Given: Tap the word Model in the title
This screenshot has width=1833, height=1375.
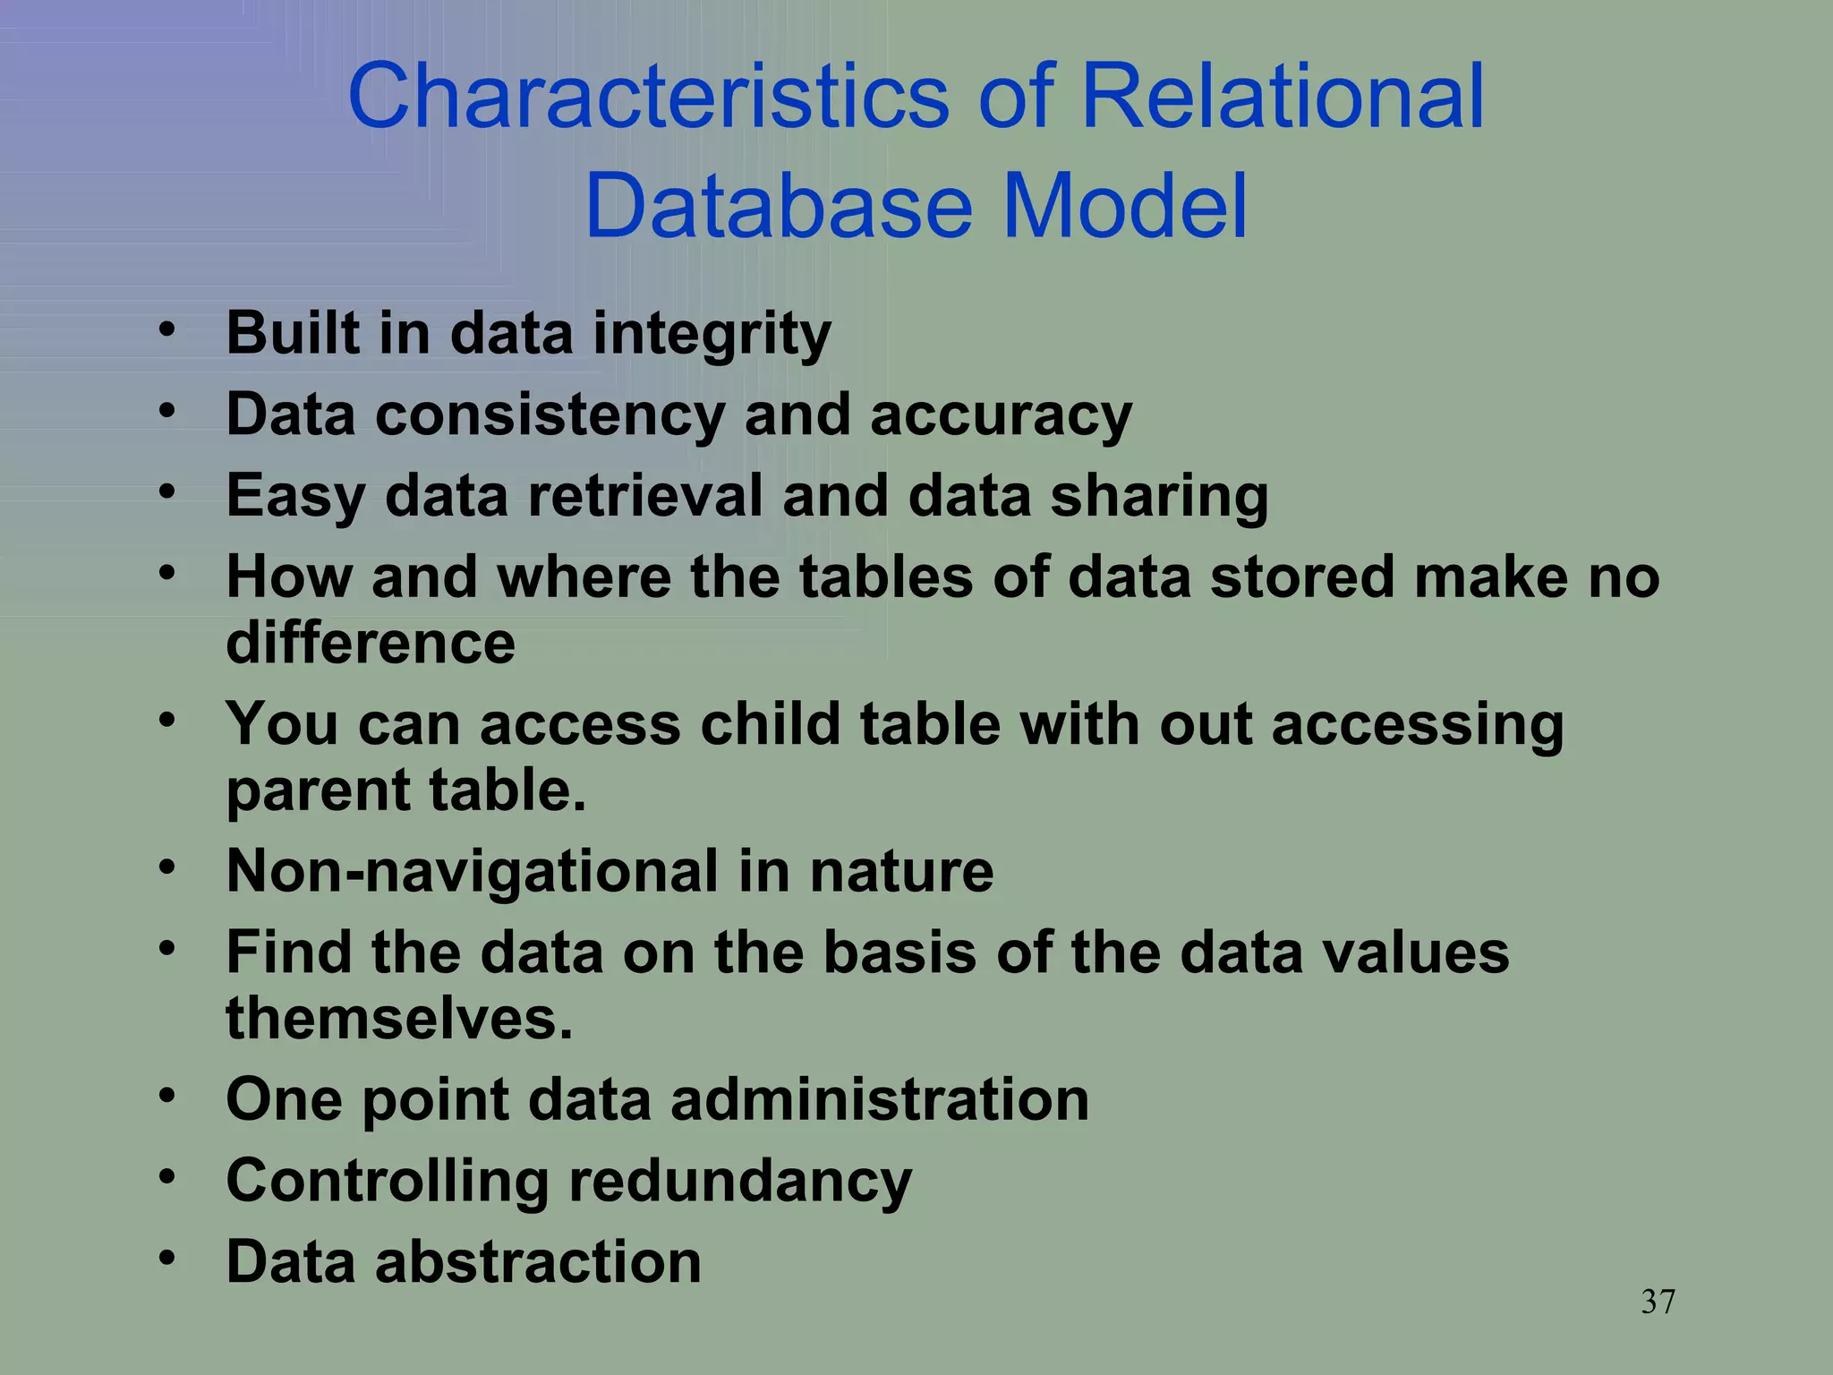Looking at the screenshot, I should [x=1124, y=208].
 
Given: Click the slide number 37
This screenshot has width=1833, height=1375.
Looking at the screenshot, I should [x=1658, y=1302].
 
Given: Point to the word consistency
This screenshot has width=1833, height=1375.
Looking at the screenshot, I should [x=550, y=416].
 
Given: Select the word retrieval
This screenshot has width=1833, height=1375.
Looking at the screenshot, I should [x=644, y=497].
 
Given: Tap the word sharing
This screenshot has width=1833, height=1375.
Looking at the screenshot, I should [x=1158, y=498].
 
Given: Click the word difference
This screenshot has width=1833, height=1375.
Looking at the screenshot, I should [x=371, y=643].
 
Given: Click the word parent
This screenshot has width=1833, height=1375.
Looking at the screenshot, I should [x=317, y=792].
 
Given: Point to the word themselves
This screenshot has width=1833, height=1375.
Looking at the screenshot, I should [x=398, y=1019].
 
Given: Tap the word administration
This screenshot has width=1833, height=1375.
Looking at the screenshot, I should [x=879, y=1099].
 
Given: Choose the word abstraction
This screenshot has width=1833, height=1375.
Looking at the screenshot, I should [x=537, y=1262].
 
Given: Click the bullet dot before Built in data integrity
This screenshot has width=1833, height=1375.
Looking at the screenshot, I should [x=167, y=330].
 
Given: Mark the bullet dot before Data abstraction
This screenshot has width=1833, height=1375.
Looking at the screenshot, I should [x=167, y=1259].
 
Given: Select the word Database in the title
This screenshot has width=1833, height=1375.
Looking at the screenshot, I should [x=778, y=208].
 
